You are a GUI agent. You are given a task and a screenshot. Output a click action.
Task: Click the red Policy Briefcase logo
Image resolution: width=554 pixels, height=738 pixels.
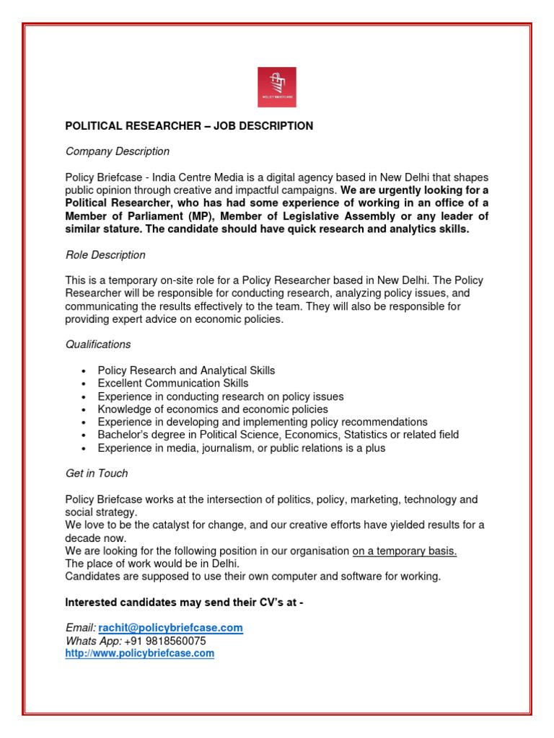[x=277, y=87]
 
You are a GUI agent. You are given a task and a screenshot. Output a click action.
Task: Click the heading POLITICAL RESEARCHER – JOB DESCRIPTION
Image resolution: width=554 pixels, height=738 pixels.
[x=189, y=126]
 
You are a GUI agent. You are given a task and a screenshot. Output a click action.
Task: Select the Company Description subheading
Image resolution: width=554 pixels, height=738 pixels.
[x=118, y=151]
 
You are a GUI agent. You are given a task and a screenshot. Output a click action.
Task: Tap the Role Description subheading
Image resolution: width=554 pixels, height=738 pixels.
[x=105, y=255]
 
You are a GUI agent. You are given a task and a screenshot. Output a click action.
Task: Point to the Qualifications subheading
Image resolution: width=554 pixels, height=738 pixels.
[x=98, y=344]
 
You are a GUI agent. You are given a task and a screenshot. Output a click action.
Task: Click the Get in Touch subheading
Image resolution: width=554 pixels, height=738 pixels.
[x=97, y=474]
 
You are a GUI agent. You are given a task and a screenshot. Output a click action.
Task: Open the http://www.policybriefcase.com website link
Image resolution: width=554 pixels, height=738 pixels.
[x=140, y=654]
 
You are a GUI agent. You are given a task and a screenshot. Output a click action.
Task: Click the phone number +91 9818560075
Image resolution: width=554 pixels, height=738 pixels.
[x=164, y=641]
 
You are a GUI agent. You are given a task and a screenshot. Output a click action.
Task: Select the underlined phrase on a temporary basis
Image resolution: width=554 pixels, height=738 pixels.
[x=404, y=551]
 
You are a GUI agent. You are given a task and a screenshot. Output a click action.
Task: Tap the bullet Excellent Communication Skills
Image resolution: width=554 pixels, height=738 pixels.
[x=173, y=383]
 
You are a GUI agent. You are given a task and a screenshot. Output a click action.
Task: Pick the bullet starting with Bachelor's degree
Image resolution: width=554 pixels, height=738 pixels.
[x=278, y=435]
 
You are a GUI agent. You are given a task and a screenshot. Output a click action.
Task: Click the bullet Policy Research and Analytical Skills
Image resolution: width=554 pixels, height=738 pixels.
[x=186, y=370]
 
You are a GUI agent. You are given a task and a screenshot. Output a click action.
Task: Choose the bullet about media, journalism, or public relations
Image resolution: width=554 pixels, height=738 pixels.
[x=241, y=448]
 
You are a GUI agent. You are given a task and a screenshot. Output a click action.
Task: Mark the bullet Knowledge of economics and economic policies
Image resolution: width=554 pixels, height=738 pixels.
[x=213, y=409]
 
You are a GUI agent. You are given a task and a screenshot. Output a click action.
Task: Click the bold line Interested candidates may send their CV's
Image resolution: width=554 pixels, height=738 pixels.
[x=184, y=602]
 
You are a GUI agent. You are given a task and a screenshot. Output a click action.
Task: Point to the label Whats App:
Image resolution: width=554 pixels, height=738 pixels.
[x=93, y=641]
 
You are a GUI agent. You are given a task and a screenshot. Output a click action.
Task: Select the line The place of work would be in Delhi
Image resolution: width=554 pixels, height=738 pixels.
[x=152, y=564]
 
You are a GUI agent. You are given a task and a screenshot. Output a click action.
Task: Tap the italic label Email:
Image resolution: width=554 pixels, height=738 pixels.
[x=81, y=628]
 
